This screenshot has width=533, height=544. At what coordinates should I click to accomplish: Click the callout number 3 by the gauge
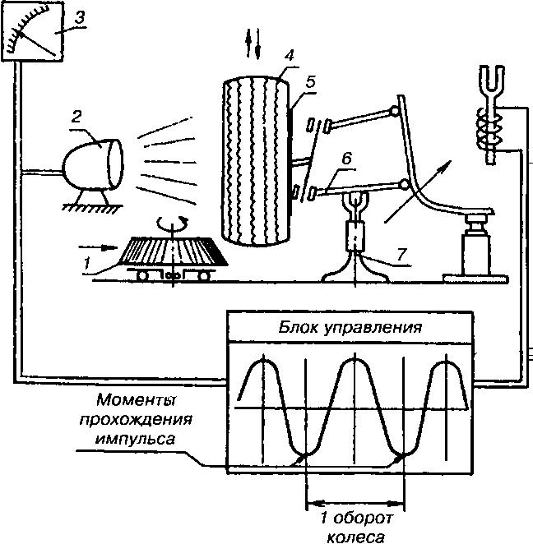(81, 18)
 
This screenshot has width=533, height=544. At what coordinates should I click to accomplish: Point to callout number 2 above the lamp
(76, 117)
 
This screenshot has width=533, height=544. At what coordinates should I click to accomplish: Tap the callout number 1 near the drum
(87, 263)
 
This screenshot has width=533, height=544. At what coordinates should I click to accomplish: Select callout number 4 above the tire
(290, 56)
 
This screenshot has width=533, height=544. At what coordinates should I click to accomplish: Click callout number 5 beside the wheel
(310, 82)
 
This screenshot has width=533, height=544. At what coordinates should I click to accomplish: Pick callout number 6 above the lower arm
(346, 159)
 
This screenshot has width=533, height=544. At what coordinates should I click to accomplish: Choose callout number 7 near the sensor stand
(401, 254)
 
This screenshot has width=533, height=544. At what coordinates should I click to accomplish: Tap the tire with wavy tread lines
(256, 160)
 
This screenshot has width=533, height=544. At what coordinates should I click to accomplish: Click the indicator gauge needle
(37, 44)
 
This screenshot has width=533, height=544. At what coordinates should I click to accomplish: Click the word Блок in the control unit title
(298, 327)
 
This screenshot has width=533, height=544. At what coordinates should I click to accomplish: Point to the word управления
(373, 328)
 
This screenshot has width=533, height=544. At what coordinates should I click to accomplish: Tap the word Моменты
(137, 400)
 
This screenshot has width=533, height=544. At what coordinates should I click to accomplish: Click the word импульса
(135, 439)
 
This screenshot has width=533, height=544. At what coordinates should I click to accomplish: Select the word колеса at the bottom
(356, 537)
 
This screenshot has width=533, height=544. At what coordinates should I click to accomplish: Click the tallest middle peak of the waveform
(355, 359)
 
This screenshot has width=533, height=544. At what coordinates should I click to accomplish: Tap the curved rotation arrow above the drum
(172, 223)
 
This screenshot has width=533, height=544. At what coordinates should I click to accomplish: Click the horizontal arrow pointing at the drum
(98, 247)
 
